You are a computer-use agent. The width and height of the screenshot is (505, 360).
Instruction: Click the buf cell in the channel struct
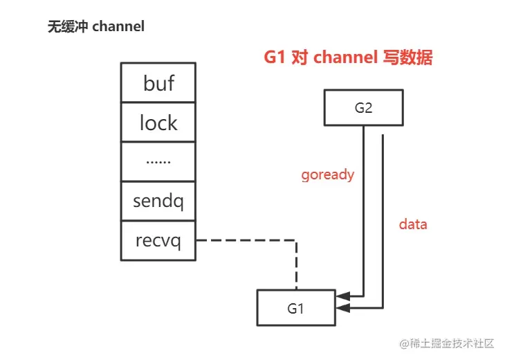click(x=158, y=83)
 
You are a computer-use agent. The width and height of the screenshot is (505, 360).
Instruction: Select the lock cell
click(x=158, y=123)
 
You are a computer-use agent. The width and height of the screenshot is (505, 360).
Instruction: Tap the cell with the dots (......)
click(x=158, y=161)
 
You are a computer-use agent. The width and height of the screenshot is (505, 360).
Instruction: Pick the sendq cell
click(x=158, y=201)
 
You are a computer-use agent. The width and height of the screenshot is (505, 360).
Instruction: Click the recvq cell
click(x=158, y=242)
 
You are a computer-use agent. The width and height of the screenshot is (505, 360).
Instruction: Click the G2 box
click(x=363, y=108)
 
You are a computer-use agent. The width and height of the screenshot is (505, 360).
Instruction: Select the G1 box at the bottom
click(x=295, y=308)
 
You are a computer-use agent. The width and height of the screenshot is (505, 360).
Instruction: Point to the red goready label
click(x=328, y=174)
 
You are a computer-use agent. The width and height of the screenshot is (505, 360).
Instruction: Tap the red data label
click(x=413, y=224)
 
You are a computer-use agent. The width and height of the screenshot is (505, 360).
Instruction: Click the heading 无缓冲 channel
click(x=96, y=27)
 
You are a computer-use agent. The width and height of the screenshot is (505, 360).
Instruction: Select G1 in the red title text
click(x=276, y=58)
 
